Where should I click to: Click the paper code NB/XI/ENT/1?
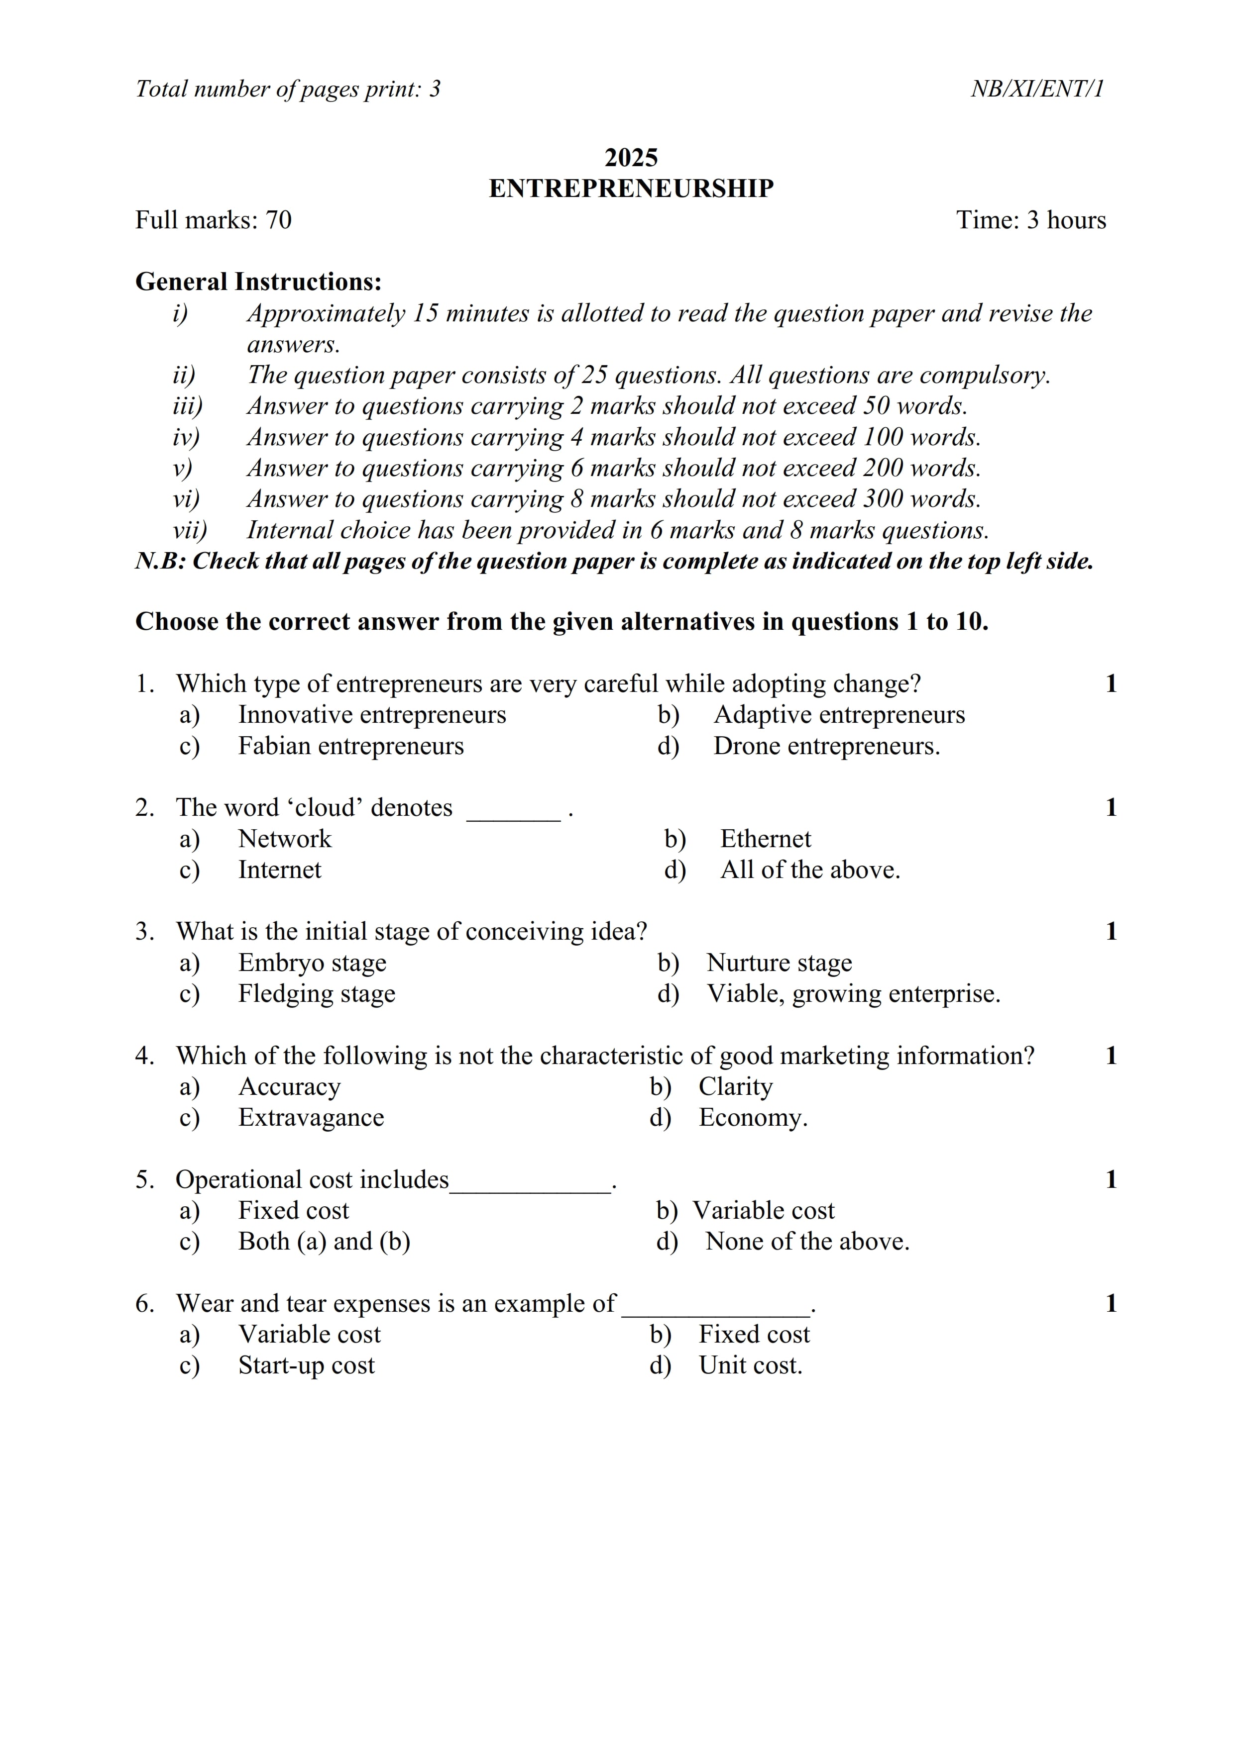1036,89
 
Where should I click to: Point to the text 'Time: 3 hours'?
1030,220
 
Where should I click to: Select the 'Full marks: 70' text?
213,220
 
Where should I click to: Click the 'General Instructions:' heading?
258,282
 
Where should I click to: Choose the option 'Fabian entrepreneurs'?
350,746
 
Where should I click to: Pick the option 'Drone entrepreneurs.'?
826,746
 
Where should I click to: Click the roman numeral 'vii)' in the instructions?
189,530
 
